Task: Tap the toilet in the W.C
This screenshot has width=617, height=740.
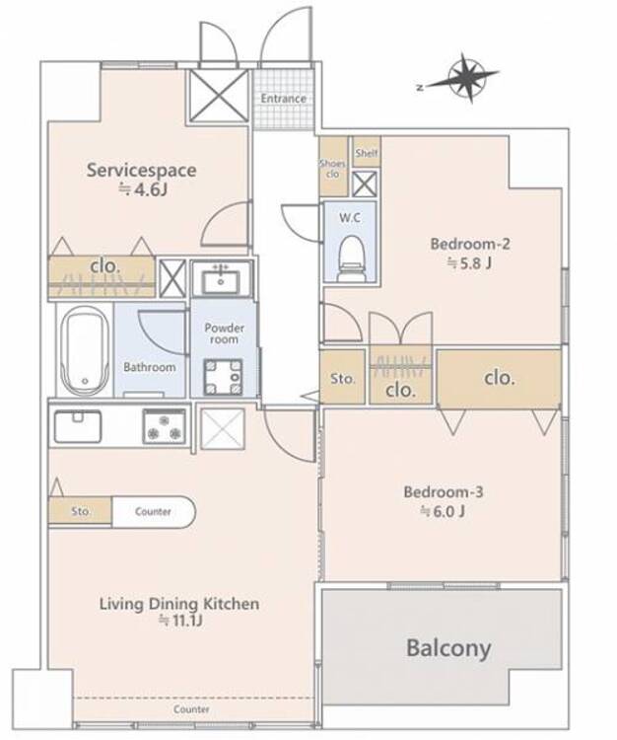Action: point(352,259)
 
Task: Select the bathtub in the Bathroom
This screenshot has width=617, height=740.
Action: point(85,350)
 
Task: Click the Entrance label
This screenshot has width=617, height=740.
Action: point(283,99)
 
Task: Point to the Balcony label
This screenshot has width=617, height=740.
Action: point(448,648)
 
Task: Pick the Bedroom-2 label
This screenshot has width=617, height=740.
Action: point(470,244)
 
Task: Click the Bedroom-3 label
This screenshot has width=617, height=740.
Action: point(444,492)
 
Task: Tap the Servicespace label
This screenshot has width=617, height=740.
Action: point(141,171)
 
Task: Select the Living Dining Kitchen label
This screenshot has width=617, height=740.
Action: point(179,604)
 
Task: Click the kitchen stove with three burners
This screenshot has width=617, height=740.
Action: point(165,426)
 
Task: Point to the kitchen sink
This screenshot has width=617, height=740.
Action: point(78,426)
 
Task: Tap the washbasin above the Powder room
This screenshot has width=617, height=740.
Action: point(221,279)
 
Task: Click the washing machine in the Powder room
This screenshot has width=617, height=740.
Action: point(224,377)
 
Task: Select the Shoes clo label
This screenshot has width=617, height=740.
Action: point(332,169)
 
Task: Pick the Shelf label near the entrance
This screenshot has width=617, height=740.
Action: point(367,152)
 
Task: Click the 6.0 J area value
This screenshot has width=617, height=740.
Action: point(443,511)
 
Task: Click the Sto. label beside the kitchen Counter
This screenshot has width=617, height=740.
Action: point(81,511)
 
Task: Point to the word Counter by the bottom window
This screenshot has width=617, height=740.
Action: point(191,708)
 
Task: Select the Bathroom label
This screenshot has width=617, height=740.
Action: point(150,367)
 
